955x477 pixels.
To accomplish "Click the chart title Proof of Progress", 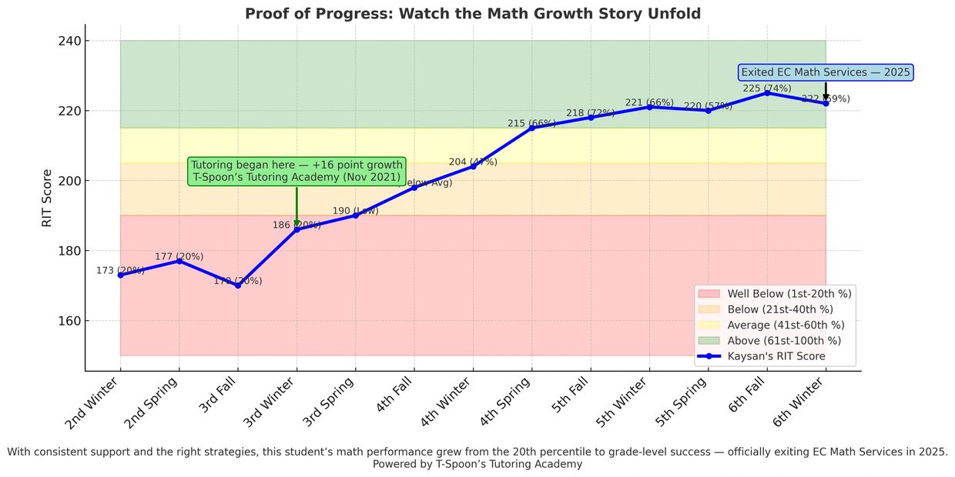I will point(472,14).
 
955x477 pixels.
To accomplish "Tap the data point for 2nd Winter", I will point(120,275).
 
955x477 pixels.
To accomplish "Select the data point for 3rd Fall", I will point(238,285).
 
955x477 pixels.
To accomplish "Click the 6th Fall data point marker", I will point(767,92).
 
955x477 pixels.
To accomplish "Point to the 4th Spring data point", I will point(531,128).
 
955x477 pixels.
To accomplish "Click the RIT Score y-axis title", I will point(48,198).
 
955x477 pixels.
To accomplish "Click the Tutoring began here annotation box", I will point(297,171).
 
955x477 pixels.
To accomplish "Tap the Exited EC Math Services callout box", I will point(826,72).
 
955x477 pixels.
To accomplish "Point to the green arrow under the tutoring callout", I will point(297,208).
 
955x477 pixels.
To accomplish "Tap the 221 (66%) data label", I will point(649,102).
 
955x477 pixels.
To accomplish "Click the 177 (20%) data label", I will point(179,256).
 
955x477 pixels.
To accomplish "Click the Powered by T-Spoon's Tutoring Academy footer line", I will point(477,464).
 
